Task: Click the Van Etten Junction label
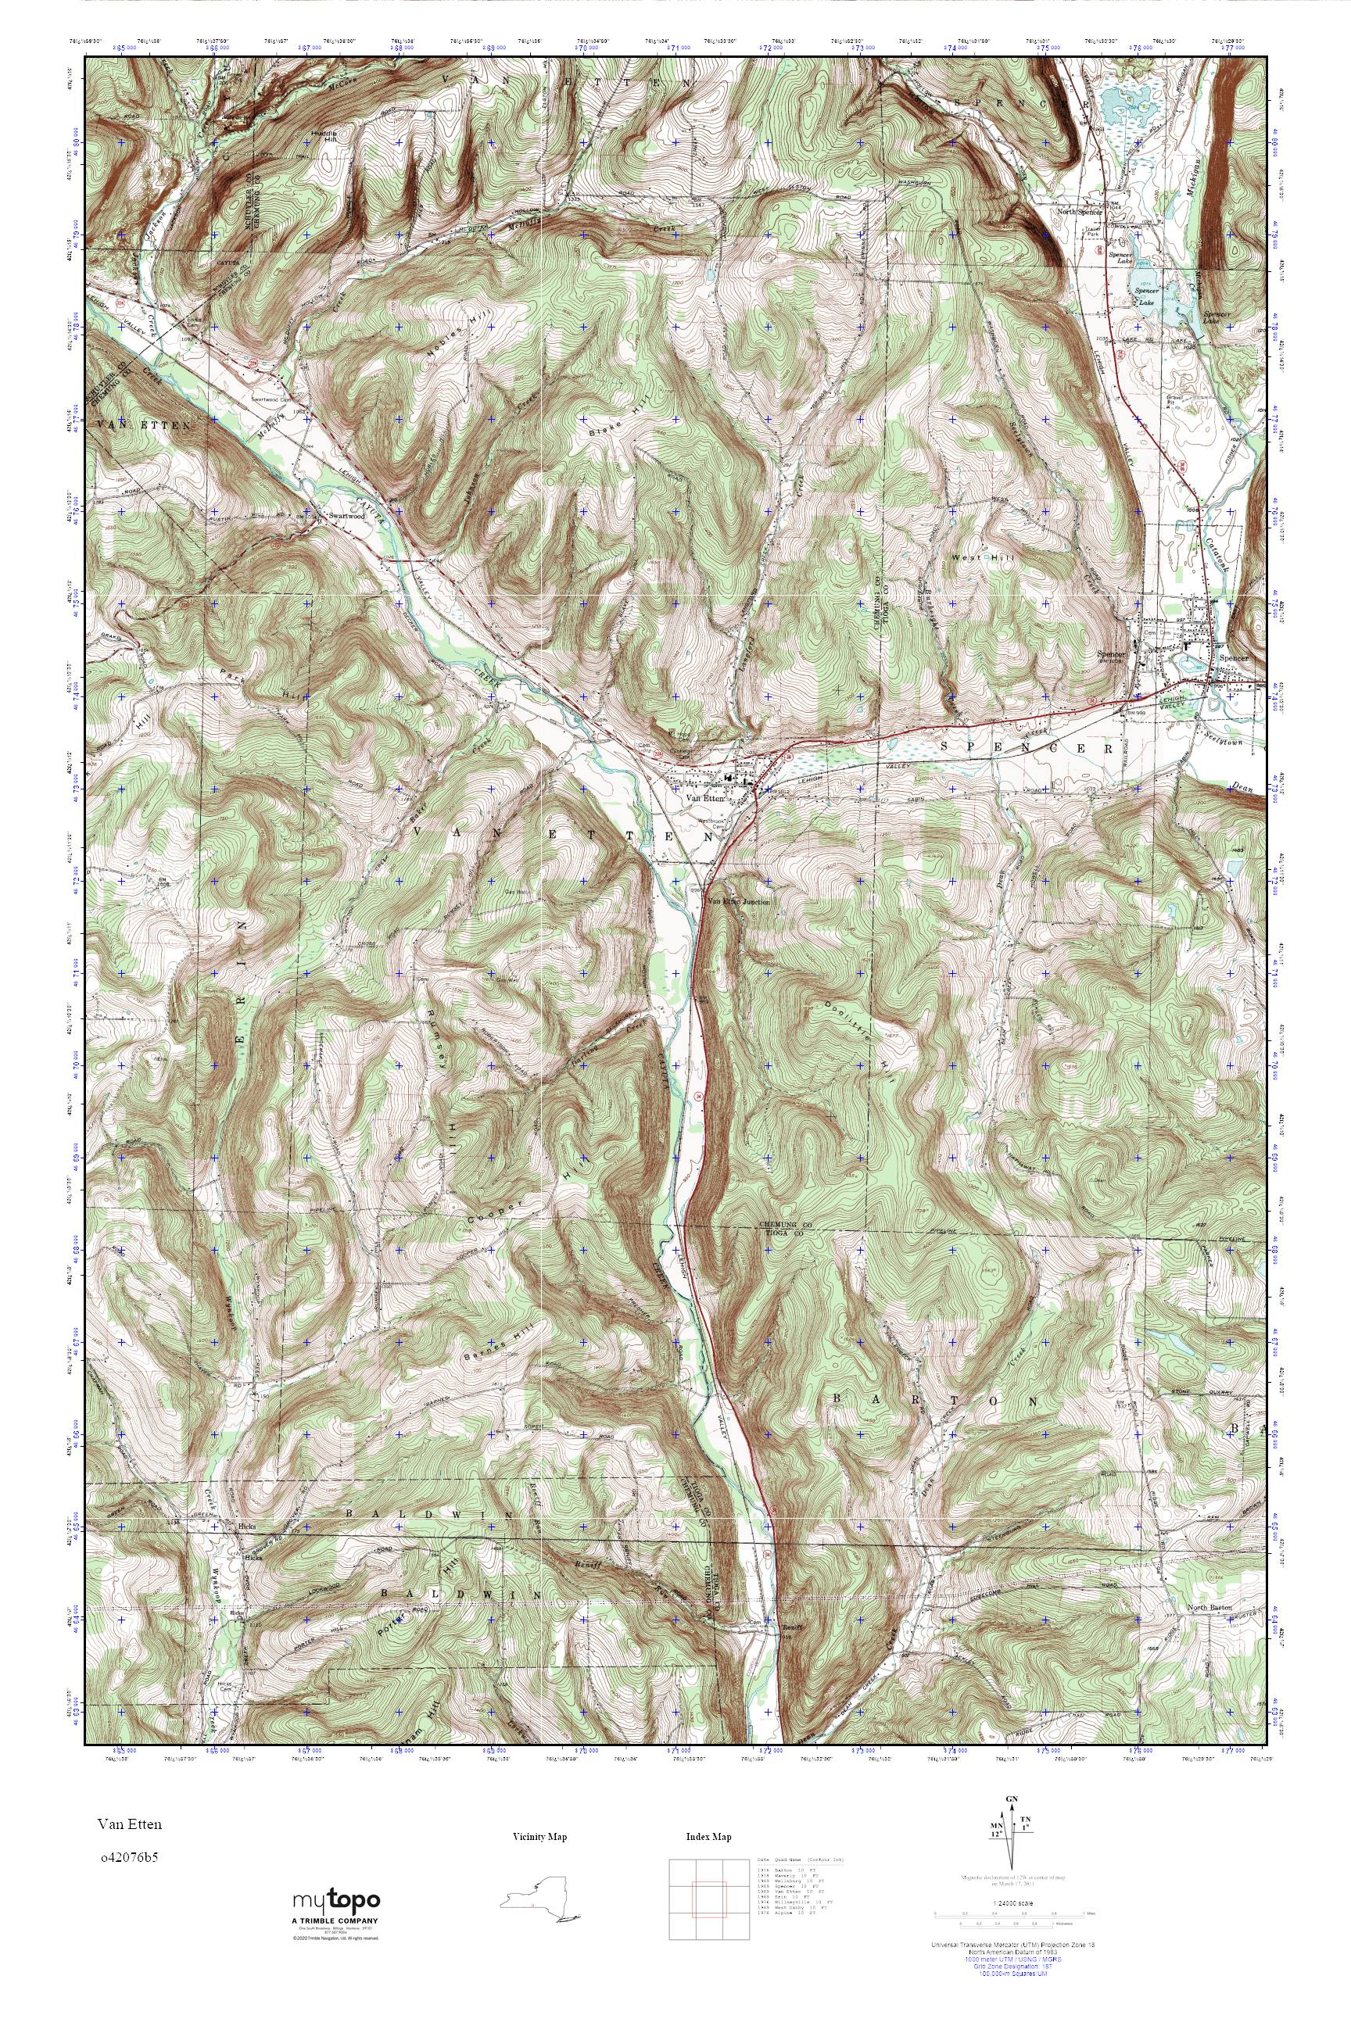coord(738,902)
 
